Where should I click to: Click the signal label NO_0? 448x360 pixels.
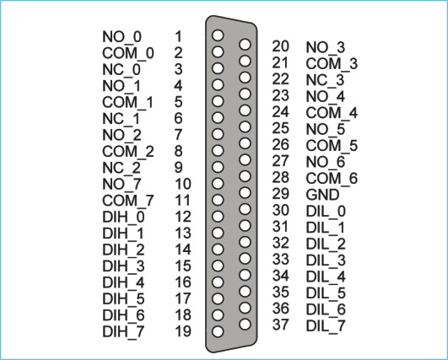pyautogui.click(x=121, y=37)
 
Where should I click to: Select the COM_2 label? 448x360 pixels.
pyautogui.click(x=128, y=152)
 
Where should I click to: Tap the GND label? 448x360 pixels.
pyautogui.click(x=322, y=195)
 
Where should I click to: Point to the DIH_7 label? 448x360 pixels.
pyautogui.click(x=123, y=331)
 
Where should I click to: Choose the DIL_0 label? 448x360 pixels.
pyautogui.click(x=326, y=212)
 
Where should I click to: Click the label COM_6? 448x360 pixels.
pyautogui.click(x=332, y=179)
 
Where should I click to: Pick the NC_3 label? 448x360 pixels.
pyautogui.click(x=325, y=80)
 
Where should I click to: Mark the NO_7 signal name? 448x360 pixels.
pyautogui.click(x=121, y=185)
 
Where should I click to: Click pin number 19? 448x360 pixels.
pyautogui.click(x=183, y=331)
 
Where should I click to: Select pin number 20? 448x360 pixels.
pyautogui.click(x=280, y=46)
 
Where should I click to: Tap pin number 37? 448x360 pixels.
pyautogui.click(x=280, y=325)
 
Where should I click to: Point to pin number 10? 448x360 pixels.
pyautogui.click(x=183, y=184)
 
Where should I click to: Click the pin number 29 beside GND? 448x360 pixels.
pyautogui.click(x=280, y=194)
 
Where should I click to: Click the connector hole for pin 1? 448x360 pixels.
pyautogui.click(x=218, y=35)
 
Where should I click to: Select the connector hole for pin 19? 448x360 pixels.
pyautogui.click(x=218, y=331)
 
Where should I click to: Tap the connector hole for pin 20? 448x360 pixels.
pyautogui.click(x=245, y=44)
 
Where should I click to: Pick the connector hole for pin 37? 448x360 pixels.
pyautogui.click(x=245, y=325)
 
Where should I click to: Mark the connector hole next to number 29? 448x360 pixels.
pyautogui.click(x=245, y=193)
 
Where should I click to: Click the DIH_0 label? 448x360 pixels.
pyautogui.click(x=123, y=218)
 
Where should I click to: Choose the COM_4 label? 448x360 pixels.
pyautogui.click(x=332, y=113)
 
